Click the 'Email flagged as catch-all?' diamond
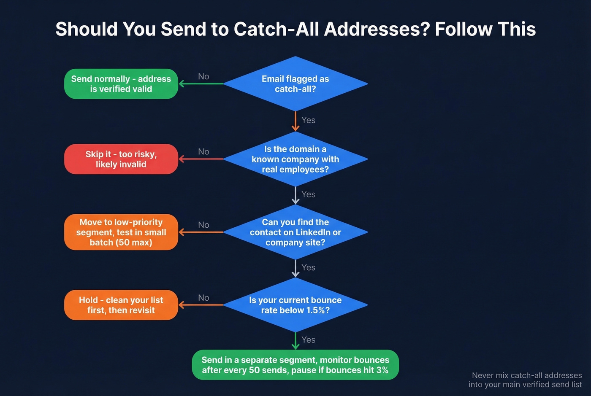pyautogui.click(x=295, y=84)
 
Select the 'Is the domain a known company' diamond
pyautogui.click(x=295, y=159)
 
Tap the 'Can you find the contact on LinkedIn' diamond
pyautogui.click(x=295, y=232)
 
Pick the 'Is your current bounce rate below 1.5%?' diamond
pyautogui.click(x=295, y=305)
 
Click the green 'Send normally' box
pyautogui.click(x=121, y=84)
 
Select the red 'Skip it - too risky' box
pyautogui.click(x=121, y=159)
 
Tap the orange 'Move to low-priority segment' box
pyautogui.click(x=121, y=232)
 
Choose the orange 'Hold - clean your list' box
pyautogui.click(x=121, y=305)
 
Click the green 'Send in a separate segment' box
pyautogui.click(x=295, y=365)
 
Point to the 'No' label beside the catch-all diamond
pyautogui.click(x=203, y=76)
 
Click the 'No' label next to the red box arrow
pyautogui.click(x=203, y=151)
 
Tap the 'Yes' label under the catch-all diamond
pyautogui.click(x=308, y=120)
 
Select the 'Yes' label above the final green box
pyautogui.click(x=308, y=339)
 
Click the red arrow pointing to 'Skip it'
pyautogui.click(x=201, y=159)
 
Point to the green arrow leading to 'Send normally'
pyautogui.click(x=201, y=84)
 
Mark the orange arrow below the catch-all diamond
pyautogui.click(x=295, y=121)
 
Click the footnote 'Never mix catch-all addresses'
pyautogui.click(x=526, y=375)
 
